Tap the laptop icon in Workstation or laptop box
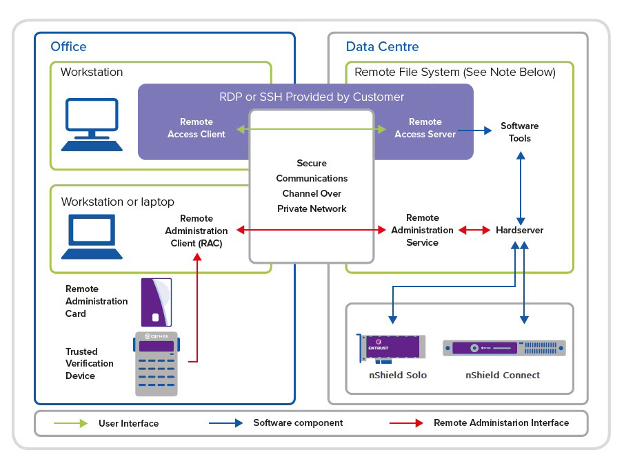pyautogui.click(x=92, y=236)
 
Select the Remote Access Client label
pyautogui.click(x=197, y=128)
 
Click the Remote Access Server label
pyautogui.click(x=425, y=128)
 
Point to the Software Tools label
pyautogui.click(x=519, y=132)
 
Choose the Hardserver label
pyautogui.click(x=519, y=230)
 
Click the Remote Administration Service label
pyautogui.click(x=422, y=230)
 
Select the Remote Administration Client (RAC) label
pyautogui.click(x=197, y=231)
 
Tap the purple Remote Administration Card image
pyautogui.click(x=156, y=302)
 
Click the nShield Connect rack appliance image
pyautogui.click(x=503, y=348)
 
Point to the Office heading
pyautogui.click(x=68, y=47)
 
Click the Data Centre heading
pyautogui.click(x=382, y=47)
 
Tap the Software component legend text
pyautogui.click(x=298, y=422)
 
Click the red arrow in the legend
pyautogui.click(x=406, y=423)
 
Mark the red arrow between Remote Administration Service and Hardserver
pyautogui.click(x=475, y=230)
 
